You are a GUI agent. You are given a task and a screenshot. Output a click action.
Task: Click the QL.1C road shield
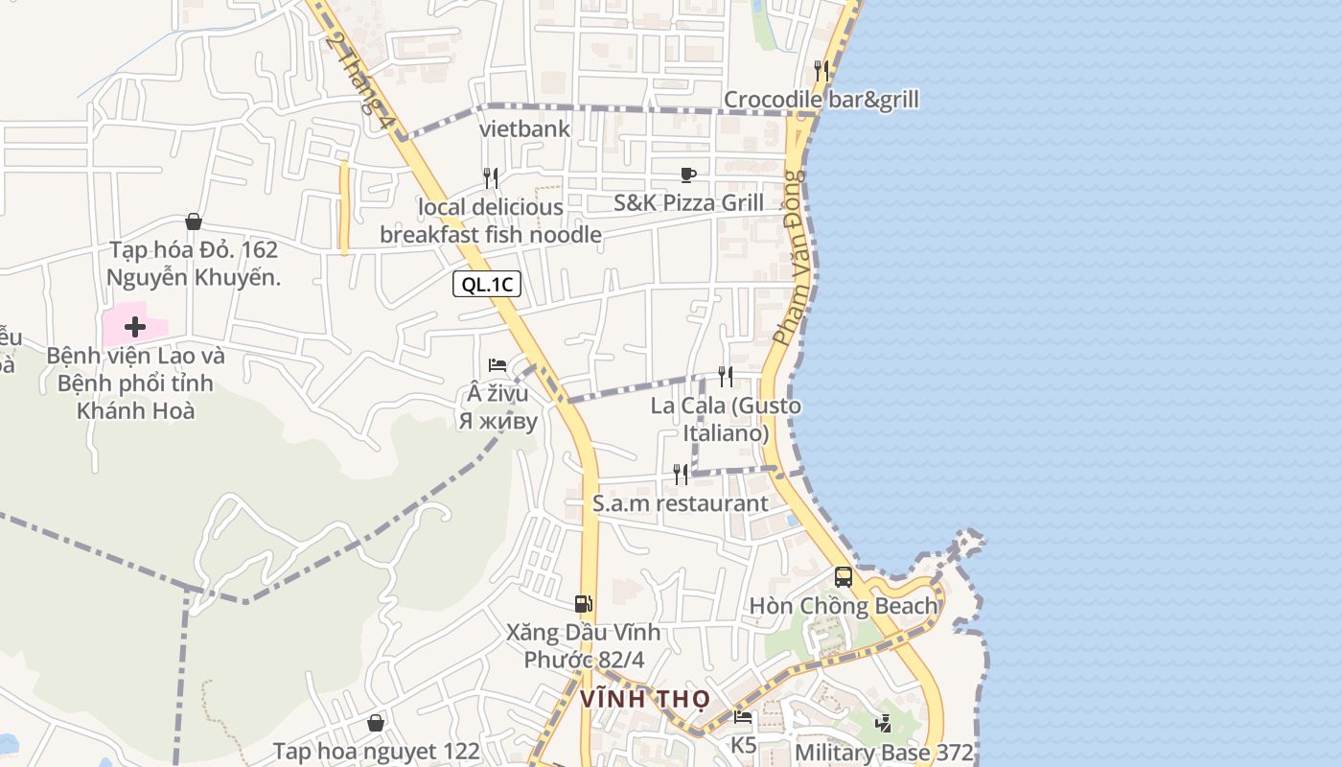tap(487, 284)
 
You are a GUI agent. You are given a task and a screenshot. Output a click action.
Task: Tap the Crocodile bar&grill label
tap(821, 100)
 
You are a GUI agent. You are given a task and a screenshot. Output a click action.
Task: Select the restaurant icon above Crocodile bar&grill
tap(821, 70)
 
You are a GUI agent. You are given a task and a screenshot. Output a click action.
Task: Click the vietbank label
tap(524, 128)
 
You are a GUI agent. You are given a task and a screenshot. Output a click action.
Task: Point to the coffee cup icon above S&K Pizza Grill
tap(687, 174)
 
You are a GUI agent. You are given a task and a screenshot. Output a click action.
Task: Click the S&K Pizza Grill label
tap(689, 203)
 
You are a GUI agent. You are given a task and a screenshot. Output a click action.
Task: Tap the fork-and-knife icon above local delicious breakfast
tap(491, 178)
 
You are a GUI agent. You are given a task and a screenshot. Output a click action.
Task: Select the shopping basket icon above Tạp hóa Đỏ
tap(194, 221)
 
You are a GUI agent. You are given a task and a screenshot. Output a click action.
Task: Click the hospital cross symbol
tap(135, 327)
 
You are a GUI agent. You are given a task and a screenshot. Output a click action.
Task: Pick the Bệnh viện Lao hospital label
tap(135, 383)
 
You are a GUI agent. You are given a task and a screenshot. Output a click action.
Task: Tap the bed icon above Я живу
tap(497, 364)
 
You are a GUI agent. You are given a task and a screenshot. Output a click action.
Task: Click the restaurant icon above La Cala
tap(726, 376)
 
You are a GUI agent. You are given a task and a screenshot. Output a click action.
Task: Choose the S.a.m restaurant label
tap(680, 503)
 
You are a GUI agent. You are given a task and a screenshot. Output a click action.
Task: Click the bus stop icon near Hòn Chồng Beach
tap(844, 577)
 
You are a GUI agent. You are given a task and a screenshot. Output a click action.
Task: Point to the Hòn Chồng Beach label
tap(844, 606)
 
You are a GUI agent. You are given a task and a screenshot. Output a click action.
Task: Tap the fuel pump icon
tap(583, 603)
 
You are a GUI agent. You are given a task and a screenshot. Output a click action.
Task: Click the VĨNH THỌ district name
tap(644, 699)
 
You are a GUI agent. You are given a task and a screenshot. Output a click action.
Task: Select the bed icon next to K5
tap(743, 716)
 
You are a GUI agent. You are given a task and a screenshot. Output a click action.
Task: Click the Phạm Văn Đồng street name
tap(794, 257)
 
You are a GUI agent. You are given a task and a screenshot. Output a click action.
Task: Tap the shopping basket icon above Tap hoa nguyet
tap(376, 722)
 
